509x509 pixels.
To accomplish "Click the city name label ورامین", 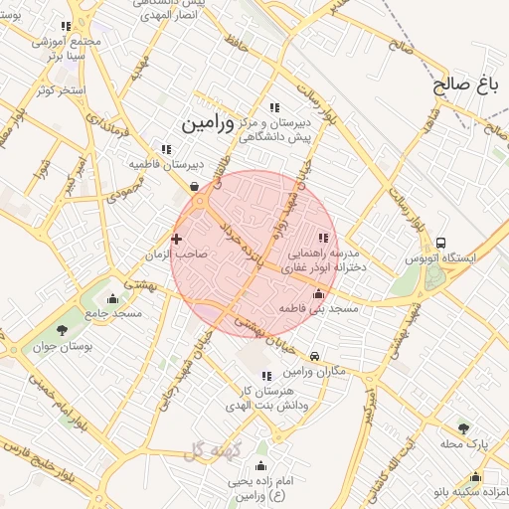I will (207, 124).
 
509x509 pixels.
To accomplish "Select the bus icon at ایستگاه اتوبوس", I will (440, 242).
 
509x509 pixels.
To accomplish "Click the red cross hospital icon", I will (177, 239).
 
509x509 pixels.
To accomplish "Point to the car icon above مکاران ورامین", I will (314, 356).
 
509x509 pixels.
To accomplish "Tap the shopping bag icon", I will (193, 185).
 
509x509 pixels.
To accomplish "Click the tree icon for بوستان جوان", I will (63, 329).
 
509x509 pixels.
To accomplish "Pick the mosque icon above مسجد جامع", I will (112, 298).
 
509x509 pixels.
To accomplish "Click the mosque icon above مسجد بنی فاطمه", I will (318, 293).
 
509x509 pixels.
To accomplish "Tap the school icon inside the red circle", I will (322, 238).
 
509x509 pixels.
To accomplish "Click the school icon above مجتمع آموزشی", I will (66, 27).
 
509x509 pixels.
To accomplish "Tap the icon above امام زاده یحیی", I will (262, 465).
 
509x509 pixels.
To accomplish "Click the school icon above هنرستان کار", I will (266, 376).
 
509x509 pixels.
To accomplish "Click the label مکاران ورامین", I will (317, 372).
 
